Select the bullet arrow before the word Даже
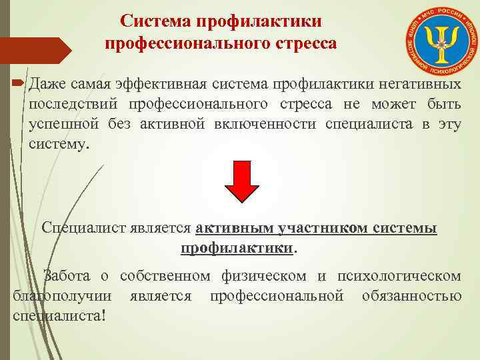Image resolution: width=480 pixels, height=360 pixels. pos(17,85)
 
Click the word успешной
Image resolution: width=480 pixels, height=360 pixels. pos(64,125)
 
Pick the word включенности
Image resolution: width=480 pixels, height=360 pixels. pos(274,125)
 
